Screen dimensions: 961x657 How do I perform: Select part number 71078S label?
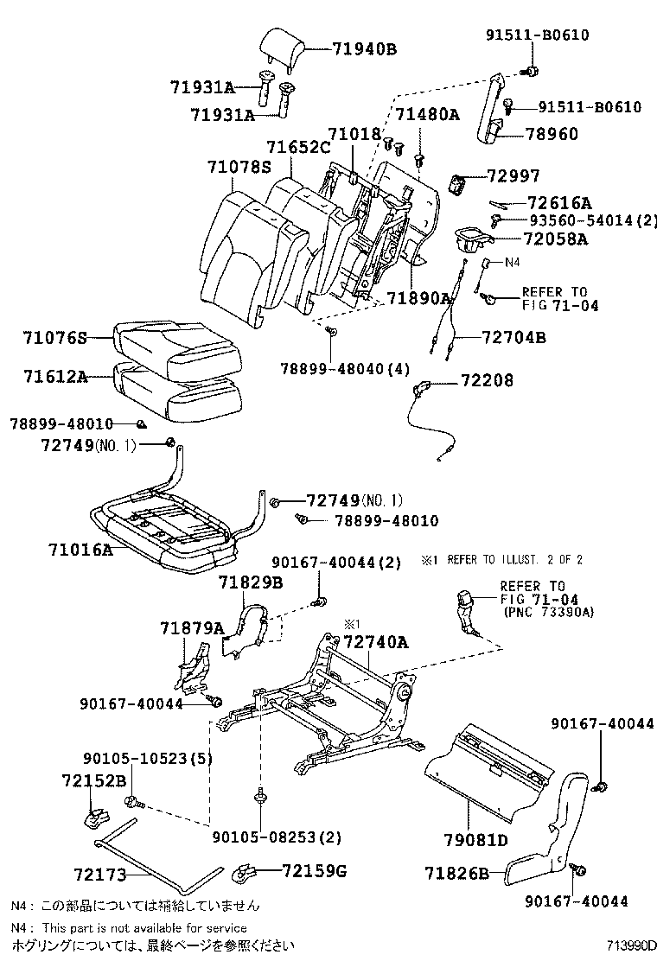[239, 166]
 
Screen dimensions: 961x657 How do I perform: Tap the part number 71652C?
[297, 148]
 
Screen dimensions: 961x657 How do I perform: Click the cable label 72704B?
[513, 338]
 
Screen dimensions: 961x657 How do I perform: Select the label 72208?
[487, 379]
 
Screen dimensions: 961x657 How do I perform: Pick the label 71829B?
[250, 583]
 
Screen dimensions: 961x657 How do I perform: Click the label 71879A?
[191, 627]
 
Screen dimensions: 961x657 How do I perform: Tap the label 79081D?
[475, 839]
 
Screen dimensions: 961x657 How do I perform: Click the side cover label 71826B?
[457, 874]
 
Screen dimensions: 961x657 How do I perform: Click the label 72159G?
[314, 870]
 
